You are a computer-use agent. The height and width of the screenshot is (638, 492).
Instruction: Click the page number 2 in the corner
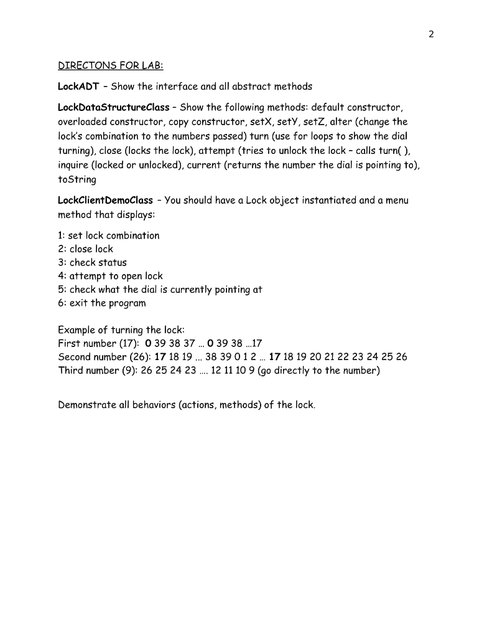[x=430, y=34]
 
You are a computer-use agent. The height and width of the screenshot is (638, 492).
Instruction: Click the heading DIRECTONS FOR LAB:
[x=110, y=65]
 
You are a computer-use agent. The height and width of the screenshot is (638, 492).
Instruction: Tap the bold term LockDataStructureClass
[x=113, y=107]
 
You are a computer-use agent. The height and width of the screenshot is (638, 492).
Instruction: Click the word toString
[x=77, y=179]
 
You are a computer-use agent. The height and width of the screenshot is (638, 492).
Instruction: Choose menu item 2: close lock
[x=85, y=249]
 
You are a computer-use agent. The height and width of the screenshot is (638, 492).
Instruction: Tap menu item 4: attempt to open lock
[x=110, y=276]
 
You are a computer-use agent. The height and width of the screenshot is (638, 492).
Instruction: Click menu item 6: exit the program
[x=102, y=303]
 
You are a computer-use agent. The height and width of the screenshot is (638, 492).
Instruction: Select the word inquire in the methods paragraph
[x=74, y=166]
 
